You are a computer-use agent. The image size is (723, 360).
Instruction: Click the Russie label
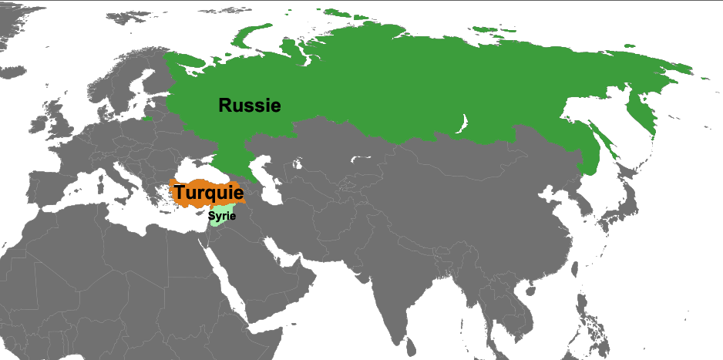coord(249,106)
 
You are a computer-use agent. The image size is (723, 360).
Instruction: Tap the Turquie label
coord(208,193)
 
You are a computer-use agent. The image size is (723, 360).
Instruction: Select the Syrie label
coord(221,217)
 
